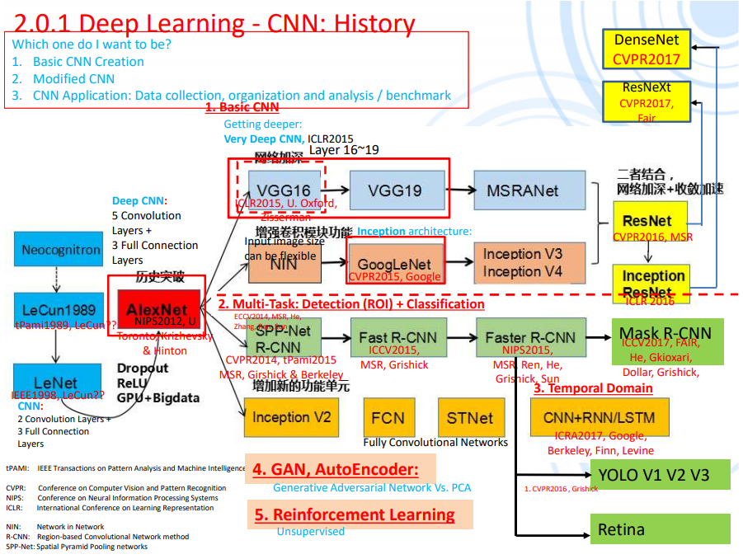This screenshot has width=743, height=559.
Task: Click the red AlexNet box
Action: [156, 309]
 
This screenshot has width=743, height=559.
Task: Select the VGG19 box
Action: [395, 190]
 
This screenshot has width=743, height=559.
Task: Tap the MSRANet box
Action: [522, 190]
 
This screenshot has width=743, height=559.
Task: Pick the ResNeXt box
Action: [647, 101]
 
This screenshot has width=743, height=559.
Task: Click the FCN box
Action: [387, 417]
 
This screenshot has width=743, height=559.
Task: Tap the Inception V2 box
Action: [291, 417]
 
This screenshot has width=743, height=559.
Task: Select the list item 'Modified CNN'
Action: [73, 78]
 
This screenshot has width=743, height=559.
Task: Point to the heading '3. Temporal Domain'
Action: [593, 388]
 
